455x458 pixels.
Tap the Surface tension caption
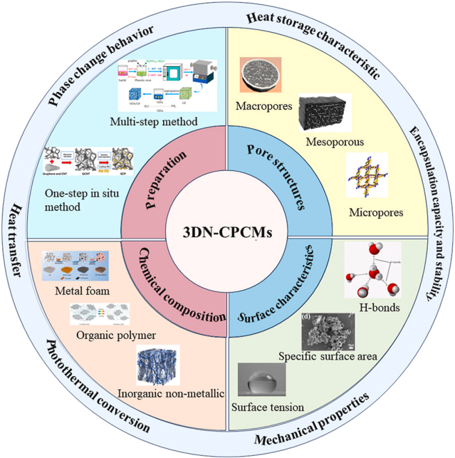(268, 407)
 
